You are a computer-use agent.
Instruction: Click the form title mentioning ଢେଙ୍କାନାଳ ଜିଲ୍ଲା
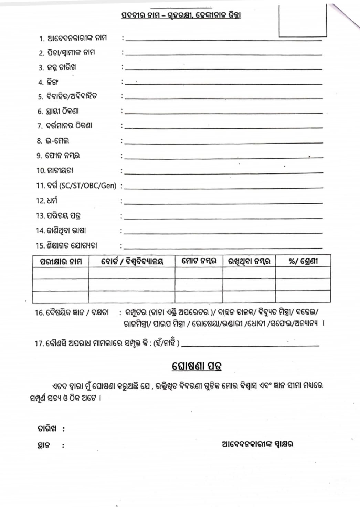click(181, 15)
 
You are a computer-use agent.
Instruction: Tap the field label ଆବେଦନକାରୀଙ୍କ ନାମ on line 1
click(77, 38)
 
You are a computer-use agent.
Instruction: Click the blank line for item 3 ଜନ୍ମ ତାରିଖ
click(224, 68)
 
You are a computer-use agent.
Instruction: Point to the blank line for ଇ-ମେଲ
click(224, 142)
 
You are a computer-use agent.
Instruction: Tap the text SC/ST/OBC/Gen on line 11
click(88, 186)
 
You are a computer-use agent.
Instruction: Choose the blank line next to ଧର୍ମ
click(224, 203)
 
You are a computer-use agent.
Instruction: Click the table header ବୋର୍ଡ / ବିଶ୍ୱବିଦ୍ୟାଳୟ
click(132, 261)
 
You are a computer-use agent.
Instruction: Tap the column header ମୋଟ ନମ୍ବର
click(199, 261)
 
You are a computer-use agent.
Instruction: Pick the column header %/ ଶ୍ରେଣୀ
click(303, 261)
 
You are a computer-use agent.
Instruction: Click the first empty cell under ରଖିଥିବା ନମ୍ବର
click(249, 273)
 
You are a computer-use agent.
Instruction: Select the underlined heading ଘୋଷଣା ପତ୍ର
click(197, 366)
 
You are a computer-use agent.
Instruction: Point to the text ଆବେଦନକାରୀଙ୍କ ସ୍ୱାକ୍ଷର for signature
click(258, 444)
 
